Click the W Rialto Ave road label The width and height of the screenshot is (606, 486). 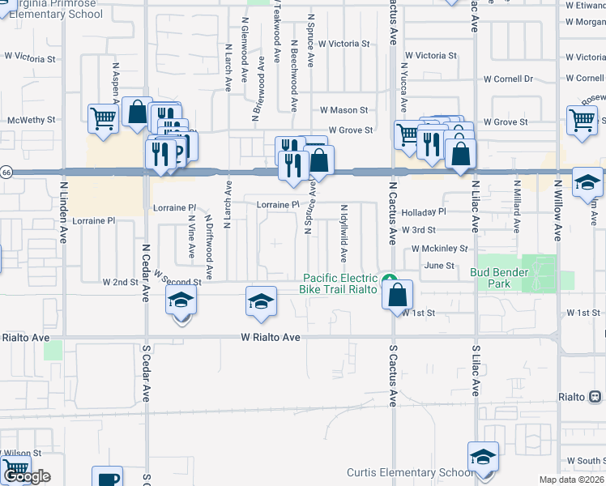point(271,337)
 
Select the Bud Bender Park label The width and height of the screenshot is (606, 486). point(501,278)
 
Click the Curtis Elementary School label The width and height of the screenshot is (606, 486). point(408,473)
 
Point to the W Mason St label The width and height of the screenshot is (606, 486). point(344,110)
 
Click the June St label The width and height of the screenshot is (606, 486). point(439,265)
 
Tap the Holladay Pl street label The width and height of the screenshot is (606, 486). point(424,211)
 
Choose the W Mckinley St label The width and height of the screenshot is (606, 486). point(440,249)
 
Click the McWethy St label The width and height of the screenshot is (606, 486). point(31,120)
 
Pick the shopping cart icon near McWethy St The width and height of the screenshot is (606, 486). point(104,118)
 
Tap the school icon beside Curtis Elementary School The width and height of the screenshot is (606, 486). point(483,456)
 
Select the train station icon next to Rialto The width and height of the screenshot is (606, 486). point(595,397)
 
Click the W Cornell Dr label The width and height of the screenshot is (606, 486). point(504,79)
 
